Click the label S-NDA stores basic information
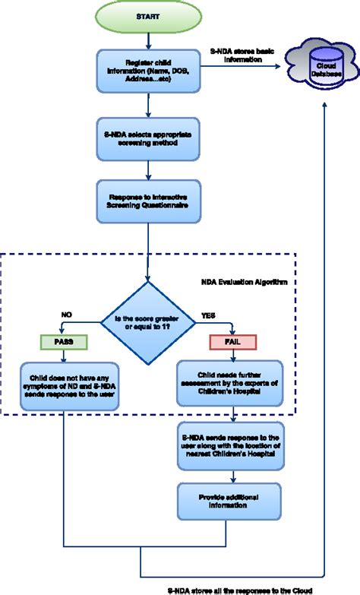[243, 53]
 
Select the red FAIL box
[234, 342]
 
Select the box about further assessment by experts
[234, 381]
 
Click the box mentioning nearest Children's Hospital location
[234, 448]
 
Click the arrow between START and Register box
[147, 38]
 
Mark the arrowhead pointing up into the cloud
[325, 104]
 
